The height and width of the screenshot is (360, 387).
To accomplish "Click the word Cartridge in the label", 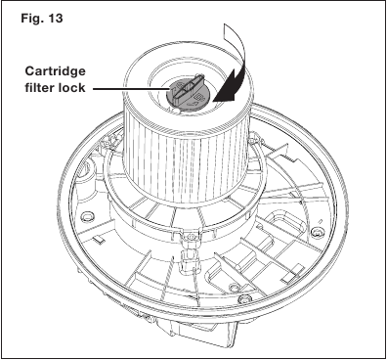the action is [x=55, y=72].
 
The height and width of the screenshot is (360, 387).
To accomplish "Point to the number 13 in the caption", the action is [x=55, y=19].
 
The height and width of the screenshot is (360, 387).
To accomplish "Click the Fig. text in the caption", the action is [x=32, y=19].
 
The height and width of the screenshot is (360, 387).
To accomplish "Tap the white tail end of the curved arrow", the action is [x=230, y=30].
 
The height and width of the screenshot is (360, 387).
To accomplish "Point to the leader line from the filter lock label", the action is [x=130, y=88].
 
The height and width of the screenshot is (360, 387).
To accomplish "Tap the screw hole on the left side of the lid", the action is [x=86, y=216].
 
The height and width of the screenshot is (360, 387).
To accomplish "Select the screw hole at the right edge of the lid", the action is [x=315, y=232].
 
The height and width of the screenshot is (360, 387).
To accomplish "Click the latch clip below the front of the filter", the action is [x=188, y=251].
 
